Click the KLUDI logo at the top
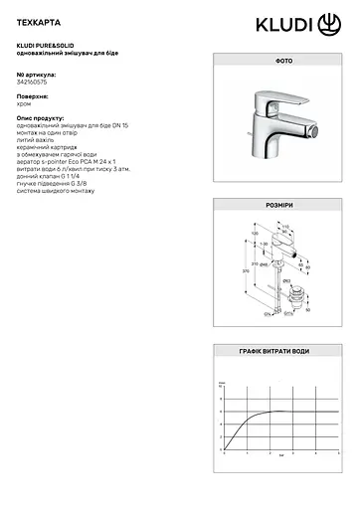tap(303, 22)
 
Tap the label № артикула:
tap(38, 75)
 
